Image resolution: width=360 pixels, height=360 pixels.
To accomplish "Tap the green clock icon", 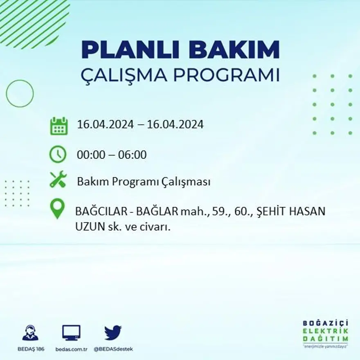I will (x=58, y=154).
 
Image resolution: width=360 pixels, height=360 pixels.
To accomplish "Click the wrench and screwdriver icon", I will (x=58, y=179).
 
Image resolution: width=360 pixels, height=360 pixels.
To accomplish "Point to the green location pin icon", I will (x=57, y=208).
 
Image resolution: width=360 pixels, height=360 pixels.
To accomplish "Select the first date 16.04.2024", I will (x=106, y=124).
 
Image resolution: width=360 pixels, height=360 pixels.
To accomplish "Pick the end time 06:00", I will (x=132, y=155).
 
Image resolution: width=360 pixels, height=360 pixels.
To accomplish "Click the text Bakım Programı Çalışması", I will (x=144, y=182).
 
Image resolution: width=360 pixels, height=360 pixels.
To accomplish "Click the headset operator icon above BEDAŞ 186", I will (x=30, y=333).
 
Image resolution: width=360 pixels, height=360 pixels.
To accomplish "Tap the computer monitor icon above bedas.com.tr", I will (x=71, y=333).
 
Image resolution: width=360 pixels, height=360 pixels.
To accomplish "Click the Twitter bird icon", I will (x=113, y=332).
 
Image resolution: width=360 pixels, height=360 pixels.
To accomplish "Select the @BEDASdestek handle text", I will (x=113, y=349).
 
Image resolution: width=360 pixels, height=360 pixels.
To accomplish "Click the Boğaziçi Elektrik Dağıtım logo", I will (x=326, y=332).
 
